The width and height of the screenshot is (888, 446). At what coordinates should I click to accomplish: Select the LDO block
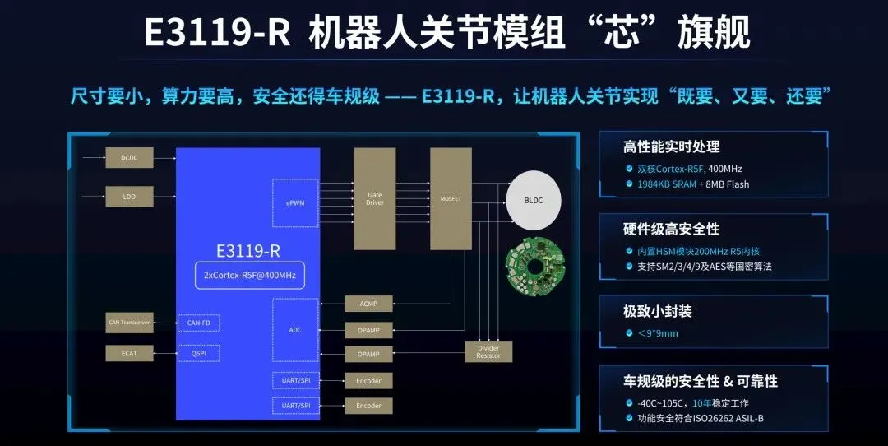129,197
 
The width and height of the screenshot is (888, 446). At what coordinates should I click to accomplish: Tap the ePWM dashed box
295,202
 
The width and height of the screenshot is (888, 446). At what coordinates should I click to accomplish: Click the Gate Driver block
375,199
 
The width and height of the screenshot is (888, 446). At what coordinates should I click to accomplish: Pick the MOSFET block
451,199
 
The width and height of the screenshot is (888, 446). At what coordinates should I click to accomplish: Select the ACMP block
368,304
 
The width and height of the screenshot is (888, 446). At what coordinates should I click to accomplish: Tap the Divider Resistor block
488,351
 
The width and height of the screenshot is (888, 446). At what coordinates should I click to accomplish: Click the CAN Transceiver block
129,323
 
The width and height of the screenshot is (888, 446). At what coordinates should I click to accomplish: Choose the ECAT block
129,353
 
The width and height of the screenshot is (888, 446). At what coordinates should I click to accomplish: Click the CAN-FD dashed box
199,323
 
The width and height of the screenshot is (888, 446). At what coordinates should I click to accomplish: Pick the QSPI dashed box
199,353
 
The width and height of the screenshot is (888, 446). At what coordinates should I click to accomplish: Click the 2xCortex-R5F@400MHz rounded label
249,276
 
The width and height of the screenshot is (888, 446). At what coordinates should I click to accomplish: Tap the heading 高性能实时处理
671,147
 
